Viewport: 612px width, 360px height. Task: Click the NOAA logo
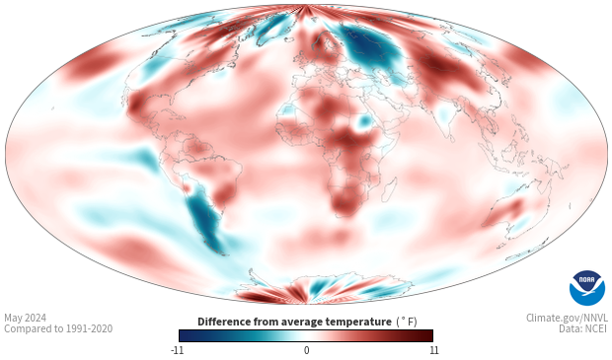586,288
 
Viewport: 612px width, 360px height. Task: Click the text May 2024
26,318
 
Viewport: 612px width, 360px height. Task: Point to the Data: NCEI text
581,329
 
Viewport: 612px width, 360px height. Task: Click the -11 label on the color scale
178,350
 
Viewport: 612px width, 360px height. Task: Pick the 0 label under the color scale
306,350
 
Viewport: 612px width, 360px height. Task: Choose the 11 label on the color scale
432,350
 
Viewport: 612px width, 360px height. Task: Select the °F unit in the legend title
408,322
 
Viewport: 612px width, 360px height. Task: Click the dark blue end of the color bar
183,335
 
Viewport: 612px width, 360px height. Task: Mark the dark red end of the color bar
428,335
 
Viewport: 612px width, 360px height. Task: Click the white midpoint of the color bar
306,335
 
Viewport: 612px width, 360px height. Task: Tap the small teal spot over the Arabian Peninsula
364,122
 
